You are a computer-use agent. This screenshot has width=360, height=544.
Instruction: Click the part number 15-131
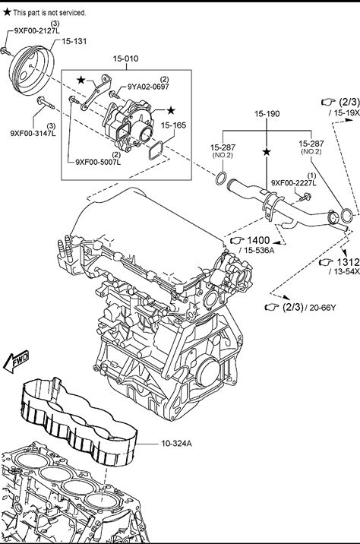click(74, 41)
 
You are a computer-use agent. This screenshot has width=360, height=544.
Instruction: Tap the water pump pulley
click(31, 71)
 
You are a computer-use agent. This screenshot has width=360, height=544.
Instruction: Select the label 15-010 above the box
click(125, 59)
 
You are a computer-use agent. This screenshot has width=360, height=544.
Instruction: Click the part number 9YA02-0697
click(148, 87)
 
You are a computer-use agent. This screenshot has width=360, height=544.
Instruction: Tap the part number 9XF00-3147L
click(33, 133)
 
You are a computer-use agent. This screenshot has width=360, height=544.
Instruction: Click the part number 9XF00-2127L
click(36, 30)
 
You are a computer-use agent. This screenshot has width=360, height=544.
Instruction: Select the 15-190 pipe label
click(267, 114)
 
